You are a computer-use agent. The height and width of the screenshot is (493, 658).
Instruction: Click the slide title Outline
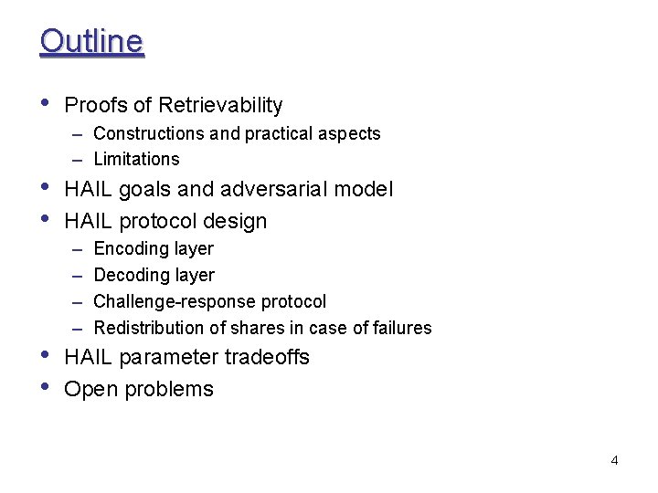[91, 41]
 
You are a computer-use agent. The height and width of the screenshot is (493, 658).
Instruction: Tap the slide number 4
[614, 460]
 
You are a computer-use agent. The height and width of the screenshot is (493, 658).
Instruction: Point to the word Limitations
[136, 159]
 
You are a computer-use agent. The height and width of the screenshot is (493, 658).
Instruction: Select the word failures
[398, 328]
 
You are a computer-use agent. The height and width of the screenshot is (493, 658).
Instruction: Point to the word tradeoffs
[266, 357]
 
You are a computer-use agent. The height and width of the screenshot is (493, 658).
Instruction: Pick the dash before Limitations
[80, 159]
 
